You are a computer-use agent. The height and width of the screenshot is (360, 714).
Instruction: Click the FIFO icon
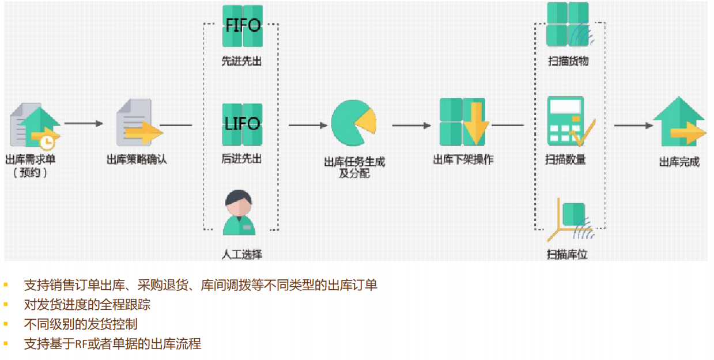tap(242, 26)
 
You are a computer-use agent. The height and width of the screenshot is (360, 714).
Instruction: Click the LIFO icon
tap(242, 124)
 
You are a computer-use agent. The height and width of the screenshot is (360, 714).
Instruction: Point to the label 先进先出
tap(241, 61)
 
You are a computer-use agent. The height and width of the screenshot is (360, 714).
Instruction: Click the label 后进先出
tap(241, 158)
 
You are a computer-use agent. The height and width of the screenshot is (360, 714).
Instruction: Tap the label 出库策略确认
tap(137, 160)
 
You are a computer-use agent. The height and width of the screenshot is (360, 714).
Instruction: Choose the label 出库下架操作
tap(463, 160)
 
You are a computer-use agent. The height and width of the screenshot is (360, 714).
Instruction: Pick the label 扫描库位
tap(568, 254)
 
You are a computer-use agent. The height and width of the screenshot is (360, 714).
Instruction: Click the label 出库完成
tap(679, 162)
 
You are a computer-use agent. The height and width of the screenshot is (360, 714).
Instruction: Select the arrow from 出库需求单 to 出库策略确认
tap(84, 123)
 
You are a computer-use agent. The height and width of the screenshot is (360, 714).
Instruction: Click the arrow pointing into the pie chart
tap(308, 125)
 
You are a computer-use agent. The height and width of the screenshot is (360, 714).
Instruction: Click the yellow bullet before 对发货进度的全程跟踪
tap(6, 305)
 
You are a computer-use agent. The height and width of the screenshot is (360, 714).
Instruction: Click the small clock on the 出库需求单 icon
tap(48, 142)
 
